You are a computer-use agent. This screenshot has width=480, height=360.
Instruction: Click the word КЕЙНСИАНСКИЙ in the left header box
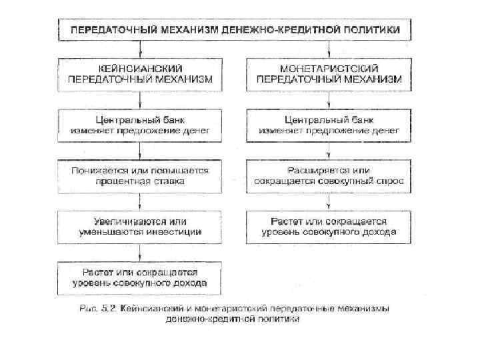[139, 68]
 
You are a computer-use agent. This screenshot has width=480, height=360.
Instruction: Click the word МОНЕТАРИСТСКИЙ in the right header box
[329, 68]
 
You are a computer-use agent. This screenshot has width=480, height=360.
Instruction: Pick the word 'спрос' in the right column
[389, 181]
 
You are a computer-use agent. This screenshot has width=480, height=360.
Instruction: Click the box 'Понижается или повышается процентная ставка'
[139, 175]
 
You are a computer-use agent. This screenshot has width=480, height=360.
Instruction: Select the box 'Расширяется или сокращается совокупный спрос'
[329, 175]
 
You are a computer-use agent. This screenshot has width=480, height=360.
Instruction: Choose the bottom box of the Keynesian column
[139, 277]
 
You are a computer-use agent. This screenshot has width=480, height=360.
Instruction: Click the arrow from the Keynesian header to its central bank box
[139, 99]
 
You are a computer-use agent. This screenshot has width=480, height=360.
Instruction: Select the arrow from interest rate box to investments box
[139, 201]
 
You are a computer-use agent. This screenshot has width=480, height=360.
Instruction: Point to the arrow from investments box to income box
[139, 252]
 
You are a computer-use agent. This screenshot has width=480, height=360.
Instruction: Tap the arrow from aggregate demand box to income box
[329, 201]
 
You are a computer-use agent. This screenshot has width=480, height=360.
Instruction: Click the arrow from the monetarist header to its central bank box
[329, 99]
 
